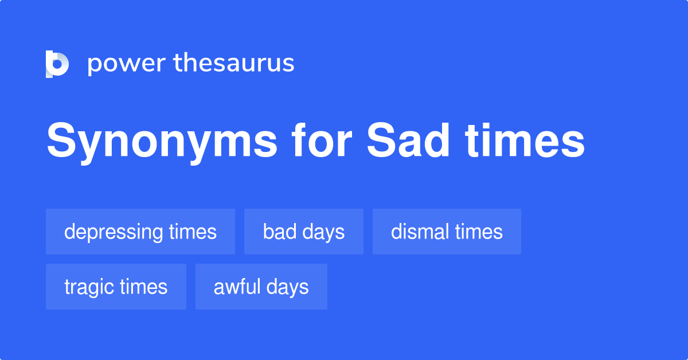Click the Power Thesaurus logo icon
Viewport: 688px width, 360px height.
[57, 64]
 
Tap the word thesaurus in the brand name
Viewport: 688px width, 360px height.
[234, 64]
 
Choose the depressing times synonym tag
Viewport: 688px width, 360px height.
[140, 232]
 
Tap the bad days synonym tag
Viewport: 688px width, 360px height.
[304, 232]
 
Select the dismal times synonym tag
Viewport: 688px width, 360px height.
[447, 232]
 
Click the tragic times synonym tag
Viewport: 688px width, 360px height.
[116, 287]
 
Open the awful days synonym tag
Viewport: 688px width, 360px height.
[261, 287]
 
